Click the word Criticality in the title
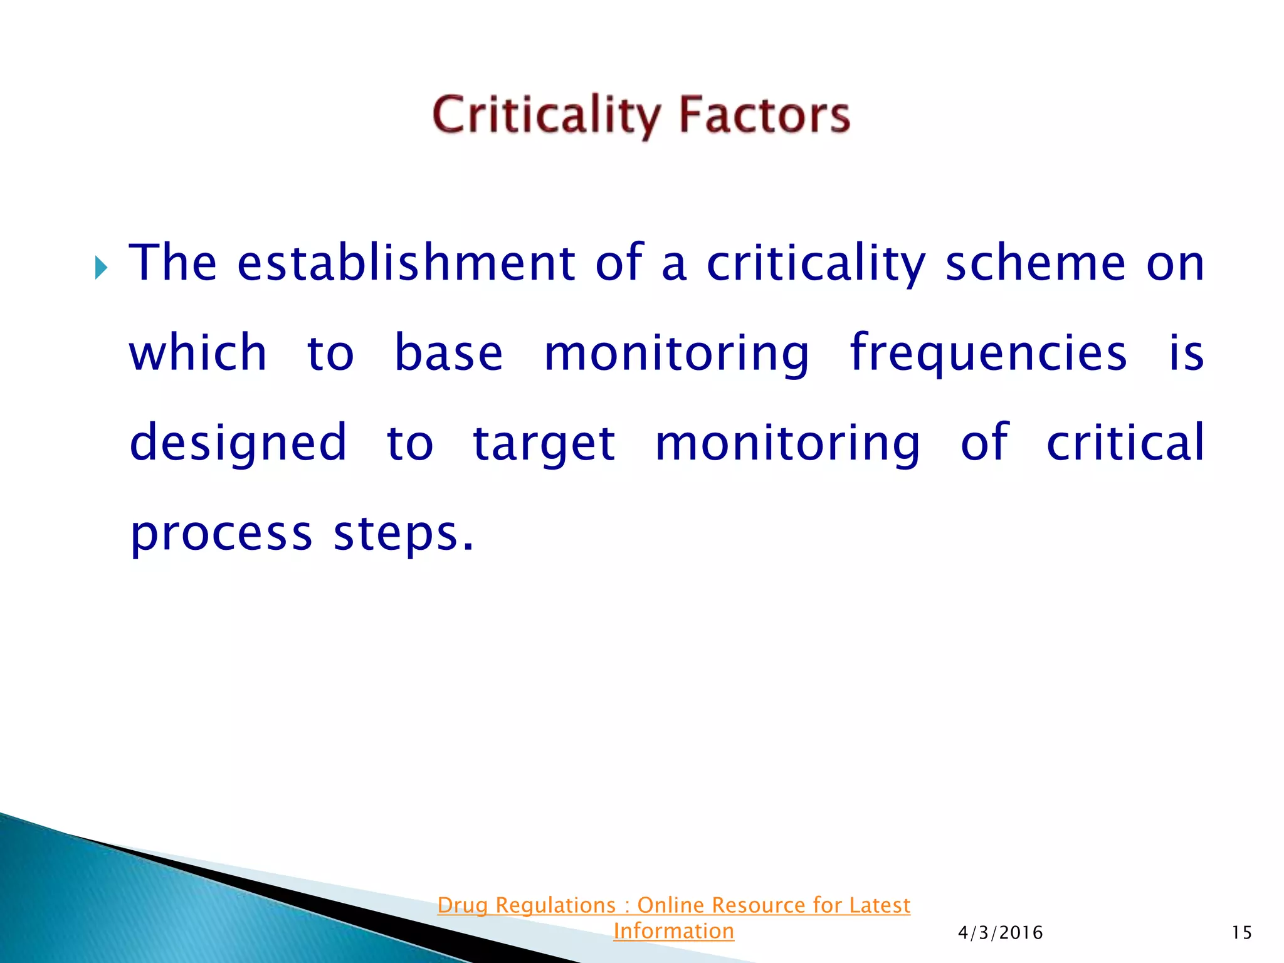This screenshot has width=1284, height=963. (546, 115)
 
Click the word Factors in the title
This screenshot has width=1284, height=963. (764, 115)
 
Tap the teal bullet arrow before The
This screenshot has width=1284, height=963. (101, 268)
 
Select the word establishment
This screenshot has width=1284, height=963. (406, 263)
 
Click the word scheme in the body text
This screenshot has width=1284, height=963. (1035, 263)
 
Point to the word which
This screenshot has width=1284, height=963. (198, 353)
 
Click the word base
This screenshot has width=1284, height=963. (448, 353)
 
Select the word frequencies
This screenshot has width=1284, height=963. (988, 353)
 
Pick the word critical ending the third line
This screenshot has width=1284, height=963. (1125, 443)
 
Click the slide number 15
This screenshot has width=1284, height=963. (1241, 933)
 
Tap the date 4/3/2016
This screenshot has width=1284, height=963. (1000, 933)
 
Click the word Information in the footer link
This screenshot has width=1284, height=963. (673, 931)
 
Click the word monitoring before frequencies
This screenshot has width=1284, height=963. (676, 353)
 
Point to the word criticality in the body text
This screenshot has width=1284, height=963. (816, 263)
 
